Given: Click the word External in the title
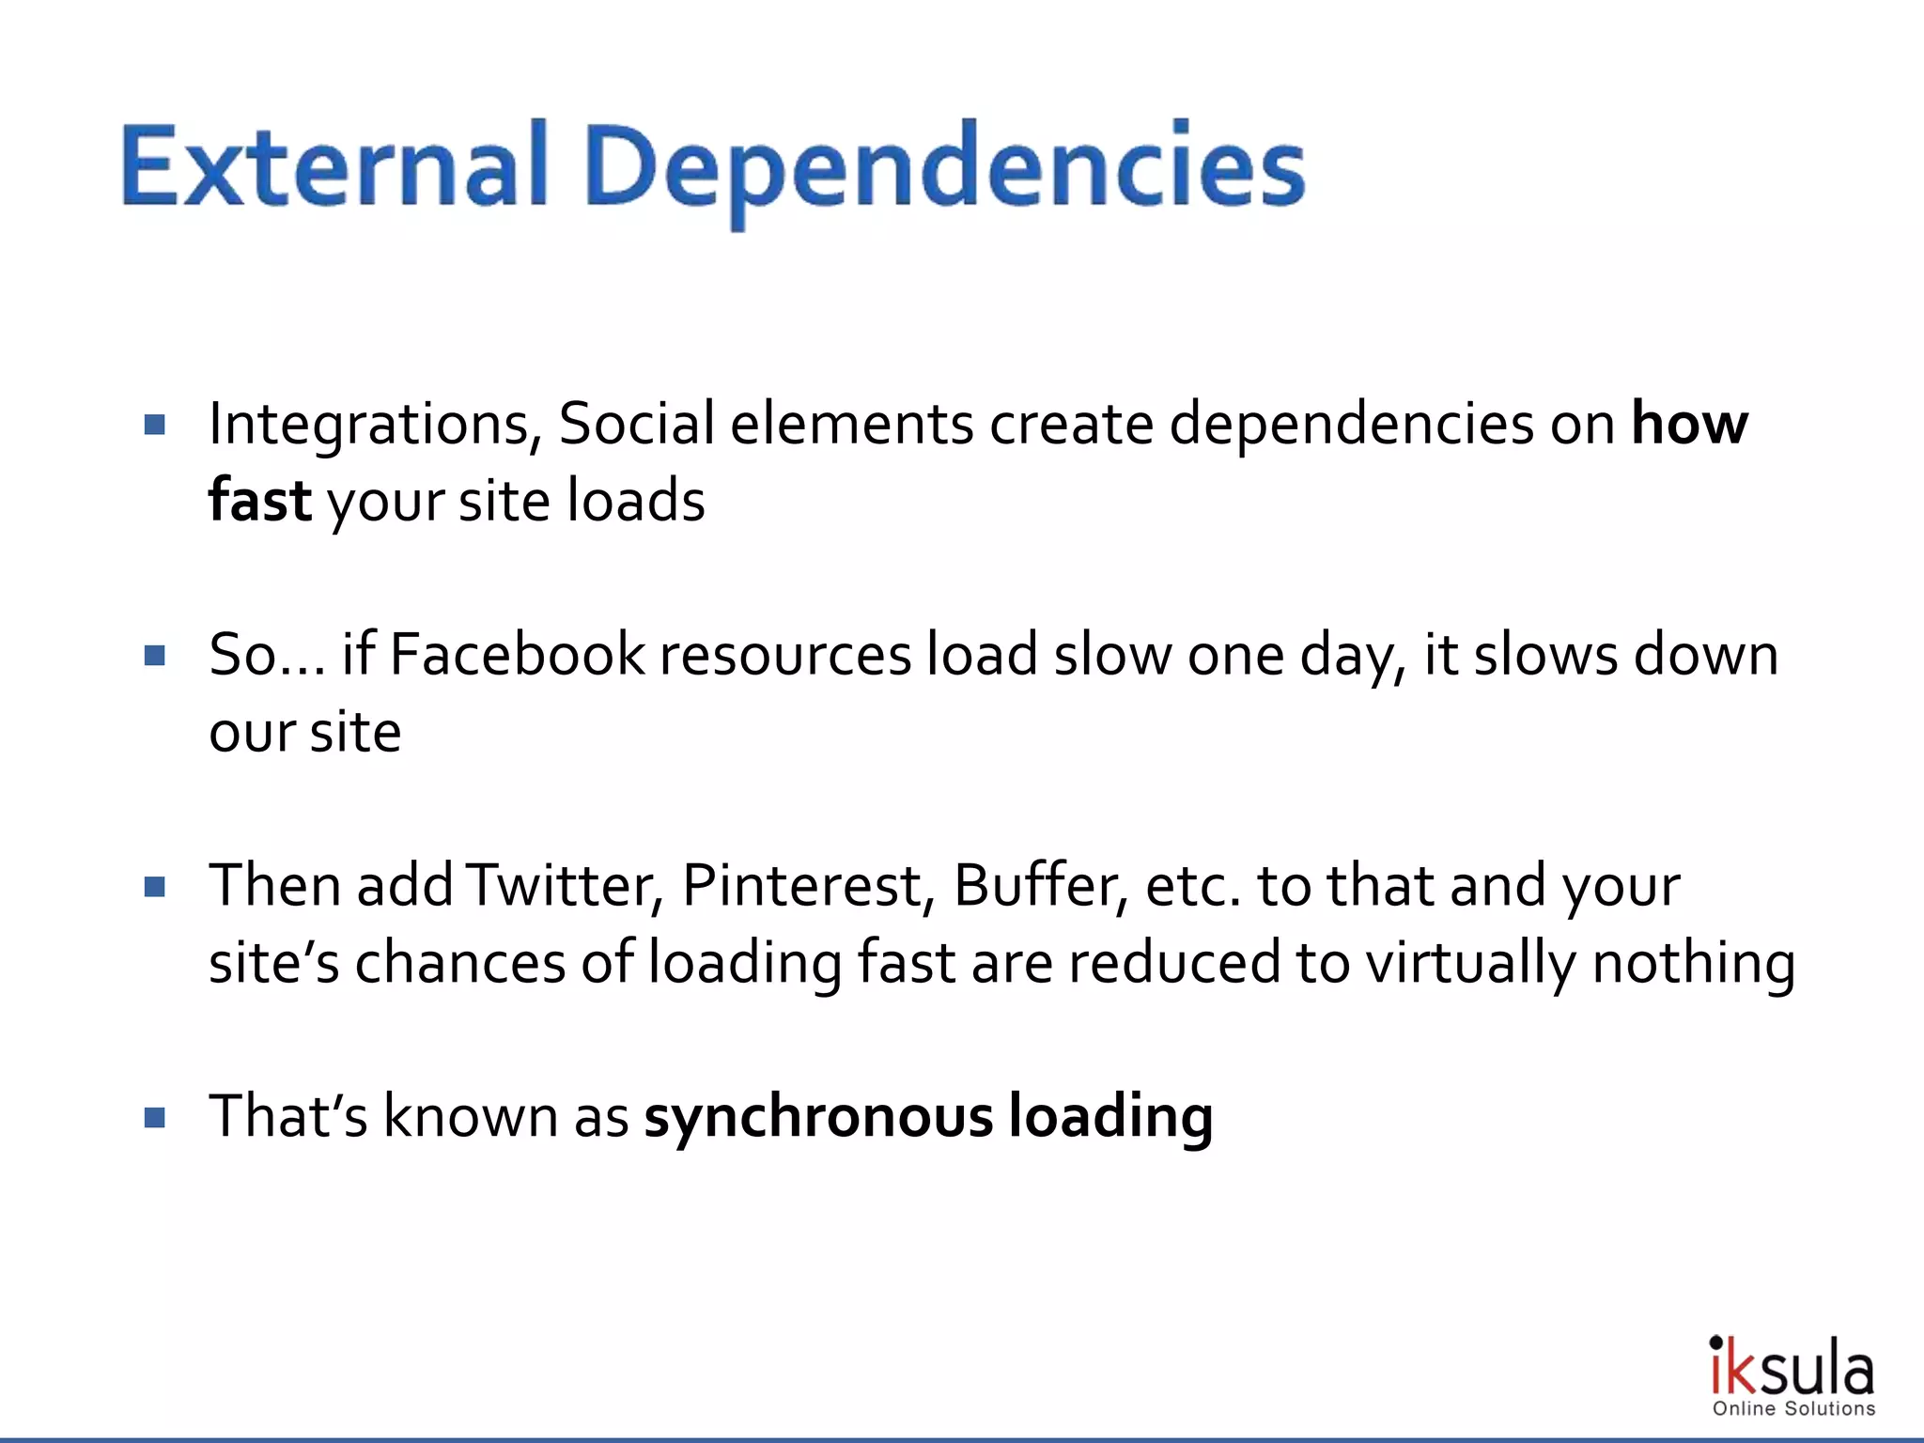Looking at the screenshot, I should point(334,167).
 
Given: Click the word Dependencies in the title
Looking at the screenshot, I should point(944,169).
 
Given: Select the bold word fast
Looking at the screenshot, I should point(259,500).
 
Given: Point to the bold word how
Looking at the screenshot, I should point(1689,424).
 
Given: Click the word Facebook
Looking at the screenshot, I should point(517,655).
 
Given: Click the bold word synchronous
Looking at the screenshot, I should point(818,1116).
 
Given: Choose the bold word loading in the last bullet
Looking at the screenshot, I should point(1110,1118).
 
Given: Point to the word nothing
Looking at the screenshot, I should point(1693,964).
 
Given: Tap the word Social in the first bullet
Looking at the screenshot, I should point(636,424).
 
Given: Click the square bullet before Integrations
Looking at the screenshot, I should point(155,425).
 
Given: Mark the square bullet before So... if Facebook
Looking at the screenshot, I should point(155,656).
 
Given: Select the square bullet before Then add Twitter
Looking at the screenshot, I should point(155,887).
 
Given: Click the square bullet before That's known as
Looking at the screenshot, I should point(155,1118).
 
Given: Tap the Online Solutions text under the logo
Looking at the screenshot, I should point(1793,1408).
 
